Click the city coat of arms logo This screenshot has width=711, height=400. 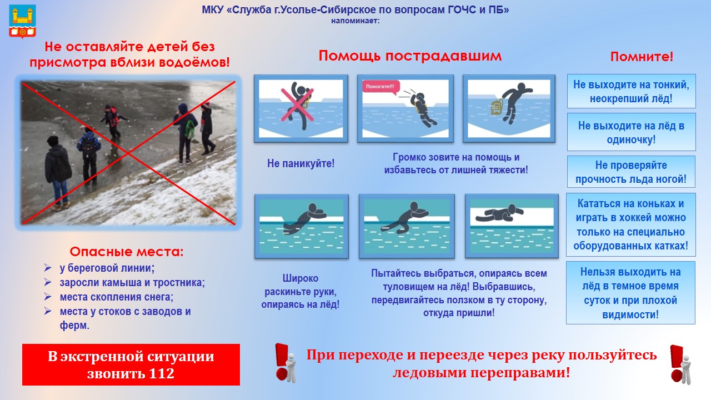pos(22,21)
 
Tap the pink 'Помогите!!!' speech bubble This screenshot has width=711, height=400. pos(380,87)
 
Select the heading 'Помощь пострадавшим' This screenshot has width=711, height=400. pos(410,56)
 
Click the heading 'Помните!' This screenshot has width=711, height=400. pos(642,57)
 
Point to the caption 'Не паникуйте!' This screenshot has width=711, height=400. pos(301,163)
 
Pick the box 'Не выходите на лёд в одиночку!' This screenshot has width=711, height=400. pos(632,132)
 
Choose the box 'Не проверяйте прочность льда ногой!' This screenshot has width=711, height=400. pos(631,172)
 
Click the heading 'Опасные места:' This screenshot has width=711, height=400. pos(127,252)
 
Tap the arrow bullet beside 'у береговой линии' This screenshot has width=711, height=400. pos(48,268)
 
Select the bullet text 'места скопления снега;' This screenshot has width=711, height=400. pos(117,297)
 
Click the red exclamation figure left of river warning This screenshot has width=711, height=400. pos(286,363)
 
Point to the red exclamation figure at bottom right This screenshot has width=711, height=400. pos(681,364)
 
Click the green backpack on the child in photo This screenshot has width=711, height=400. pos(190,129)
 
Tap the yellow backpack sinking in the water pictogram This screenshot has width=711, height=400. pos(497,107)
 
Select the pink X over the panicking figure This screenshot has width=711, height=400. pos(297,105)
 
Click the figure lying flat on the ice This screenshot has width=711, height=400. pos(499,213)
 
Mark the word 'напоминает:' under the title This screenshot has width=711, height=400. pos(355,21)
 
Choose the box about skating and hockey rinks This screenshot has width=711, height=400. pos(630,224)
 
